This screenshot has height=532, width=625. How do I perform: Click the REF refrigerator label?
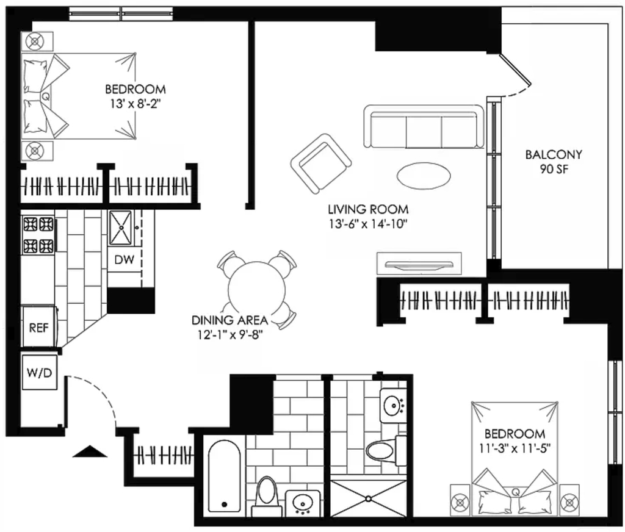[x=38, y=328]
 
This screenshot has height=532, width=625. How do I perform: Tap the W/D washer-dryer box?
[x=40, y=373]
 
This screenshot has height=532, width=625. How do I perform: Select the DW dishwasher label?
[x=124, y=260]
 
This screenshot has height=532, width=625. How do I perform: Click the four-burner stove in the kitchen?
[x=38, y=235]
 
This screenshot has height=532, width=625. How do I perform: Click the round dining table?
[x=257, y=290]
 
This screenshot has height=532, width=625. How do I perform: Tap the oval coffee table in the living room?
[x=424, y=175]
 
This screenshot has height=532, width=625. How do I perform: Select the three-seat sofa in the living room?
[x=424, y=127]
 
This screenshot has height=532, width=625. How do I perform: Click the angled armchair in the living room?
[x=321, y=164]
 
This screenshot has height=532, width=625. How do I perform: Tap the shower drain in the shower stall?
[x=368, y=498]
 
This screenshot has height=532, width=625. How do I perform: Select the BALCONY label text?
[x=554, y=154]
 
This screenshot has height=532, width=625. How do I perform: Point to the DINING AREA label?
[x=229, y=320]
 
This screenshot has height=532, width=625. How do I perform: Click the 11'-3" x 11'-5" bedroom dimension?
[x=515, y=448]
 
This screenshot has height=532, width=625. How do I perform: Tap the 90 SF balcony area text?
[x=554, y=169]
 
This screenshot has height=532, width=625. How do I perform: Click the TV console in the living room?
[x=419, y=264]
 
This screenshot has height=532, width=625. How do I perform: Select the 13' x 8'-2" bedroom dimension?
[x=135, y=104]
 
